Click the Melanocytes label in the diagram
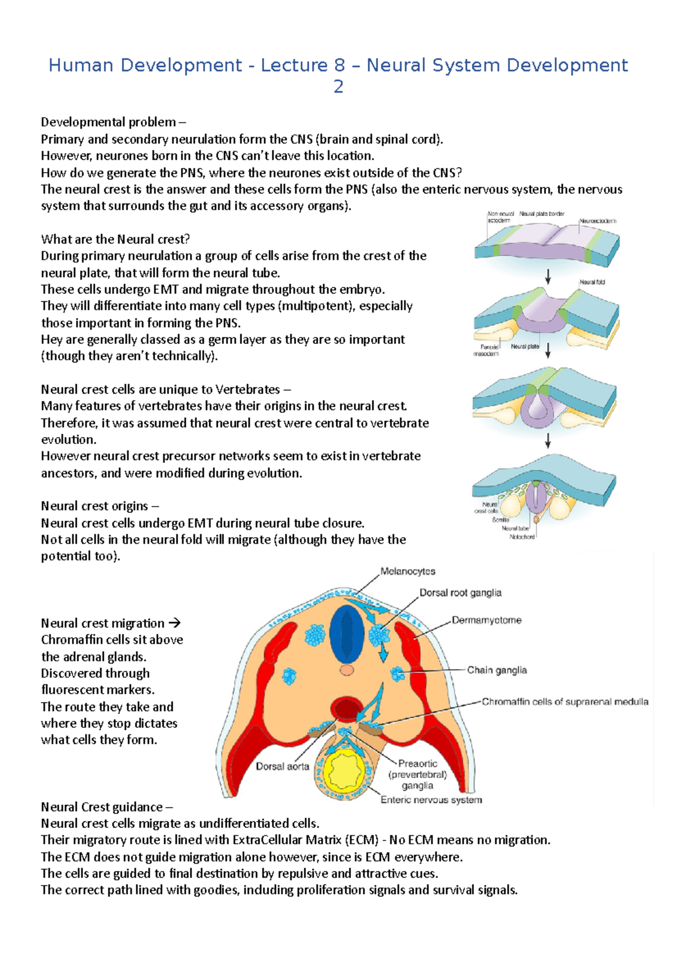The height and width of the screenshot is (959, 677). [407, 572]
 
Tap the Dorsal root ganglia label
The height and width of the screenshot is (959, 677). [460, 592]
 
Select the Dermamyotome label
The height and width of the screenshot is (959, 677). [486, 620]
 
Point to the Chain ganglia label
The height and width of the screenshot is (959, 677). [496, 670]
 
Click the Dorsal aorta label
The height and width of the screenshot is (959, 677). [282, 766]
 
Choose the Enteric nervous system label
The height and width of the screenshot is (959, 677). [431, 800]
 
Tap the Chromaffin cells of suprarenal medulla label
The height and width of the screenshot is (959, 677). [565, 701]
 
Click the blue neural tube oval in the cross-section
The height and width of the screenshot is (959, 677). [346, 634]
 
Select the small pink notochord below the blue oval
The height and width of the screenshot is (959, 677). [346, 670]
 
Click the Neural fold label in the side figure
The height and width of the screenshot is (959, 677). [592, 282]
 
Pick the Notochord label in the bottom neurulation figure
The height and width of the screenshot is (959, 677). [522, 537]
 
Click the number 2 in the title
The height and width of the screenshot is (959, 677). [338, 86]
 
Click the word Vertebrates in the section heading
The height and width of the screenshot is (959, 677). [248, 390]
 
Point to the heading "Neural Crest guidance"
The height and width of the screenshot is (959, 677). [102, 807]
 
